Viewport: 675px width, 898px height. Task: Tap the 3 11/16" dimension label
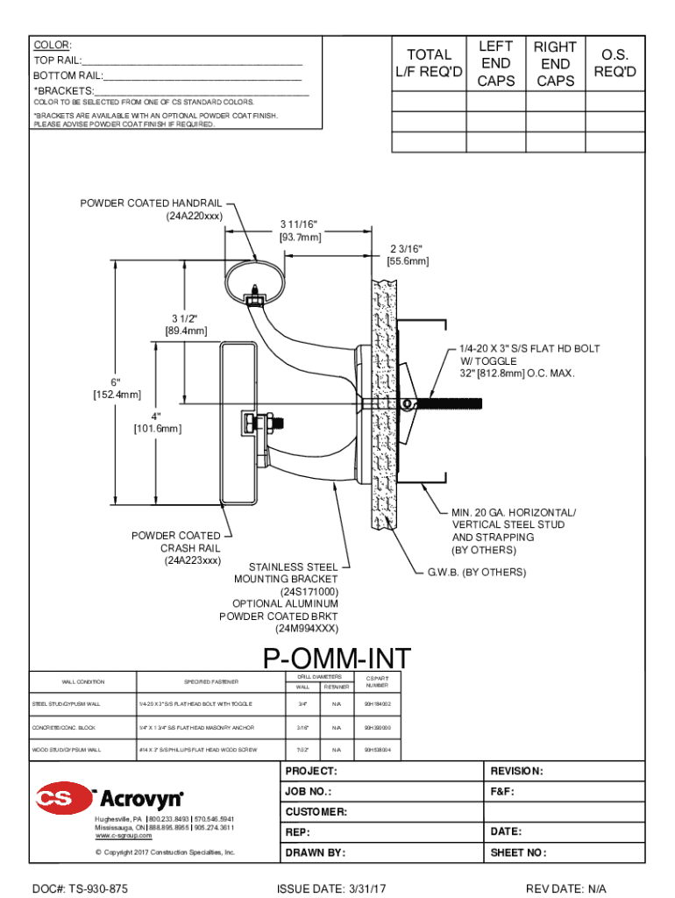pos(300,230)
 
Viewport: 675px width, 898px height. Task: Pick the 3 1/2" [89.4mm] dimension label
pos(185,324)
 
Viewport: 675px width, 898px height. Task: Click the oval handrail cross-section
pos(254,279)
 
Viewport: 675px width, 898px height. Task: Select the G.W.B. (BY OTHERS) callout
pos(476,572)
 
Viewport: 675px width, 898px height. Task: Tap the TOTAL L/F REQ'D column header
pos(429,62)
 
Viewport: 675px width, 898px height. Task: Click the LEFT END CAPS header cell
pos(495,63)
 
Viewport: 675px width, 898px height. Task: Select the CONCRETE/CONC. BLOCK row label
pos(66,727)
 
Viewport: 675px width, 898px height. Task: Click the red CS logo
pos(63,798)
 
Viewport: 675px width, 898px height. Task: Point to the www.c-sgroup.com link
pos(124,836)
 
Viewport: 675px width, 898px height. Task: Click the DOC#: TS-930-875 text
pos(81,888)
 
